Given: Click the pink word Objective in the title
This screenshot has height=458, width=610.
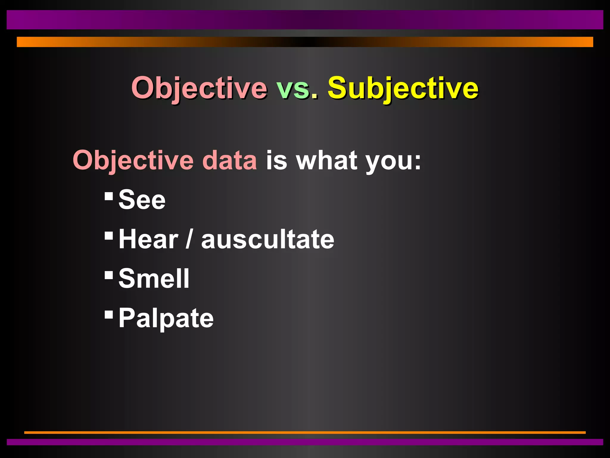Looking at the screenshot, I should [199, 88].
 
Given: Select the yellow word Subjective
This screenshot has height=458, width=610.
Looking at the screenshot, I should [403, 88].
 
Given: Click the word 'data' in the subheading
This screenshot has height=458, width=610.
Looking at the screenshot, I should [229, 160].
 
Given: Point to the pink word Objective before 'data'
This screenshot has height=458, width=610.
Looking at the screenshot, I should [133, 160].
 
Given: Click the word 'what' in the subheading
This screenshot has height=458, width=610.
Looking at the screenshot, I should [326, 160].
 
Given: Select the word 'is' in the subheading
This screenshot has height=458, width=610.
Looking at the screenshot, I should [276, 160].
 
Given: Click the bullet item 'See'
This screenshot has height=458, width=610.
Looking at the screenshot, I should [142, 200].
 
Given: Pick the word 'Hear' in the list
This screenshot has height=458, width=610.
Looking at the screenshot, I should [148, 239].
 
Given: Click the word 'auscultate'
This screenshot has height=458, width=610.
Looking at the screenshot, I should [267, 239].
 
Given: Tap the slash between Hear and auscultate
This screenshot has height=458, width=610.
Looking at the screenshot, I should [189, 239].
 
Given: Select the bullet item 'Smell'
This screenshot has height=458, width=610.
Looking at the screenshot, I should [154, 278].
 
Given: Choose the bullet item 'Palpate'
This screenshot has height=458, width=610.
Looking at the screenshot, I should [166, 318].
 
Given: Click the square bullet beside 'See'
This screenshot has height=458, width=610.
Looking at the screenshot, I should [109, 196].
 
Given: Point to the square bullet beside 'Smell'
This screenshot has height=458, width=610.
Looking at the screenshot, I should [109, 275].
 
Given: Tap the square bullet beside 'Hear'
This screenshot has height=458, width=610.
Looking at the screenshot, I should [109, 236].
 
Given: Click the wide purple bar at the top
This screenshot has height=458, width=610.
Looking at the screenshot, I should [305, 20].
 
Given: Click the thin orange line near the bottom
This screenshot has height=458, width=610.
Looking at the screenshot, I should [305, 432].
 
